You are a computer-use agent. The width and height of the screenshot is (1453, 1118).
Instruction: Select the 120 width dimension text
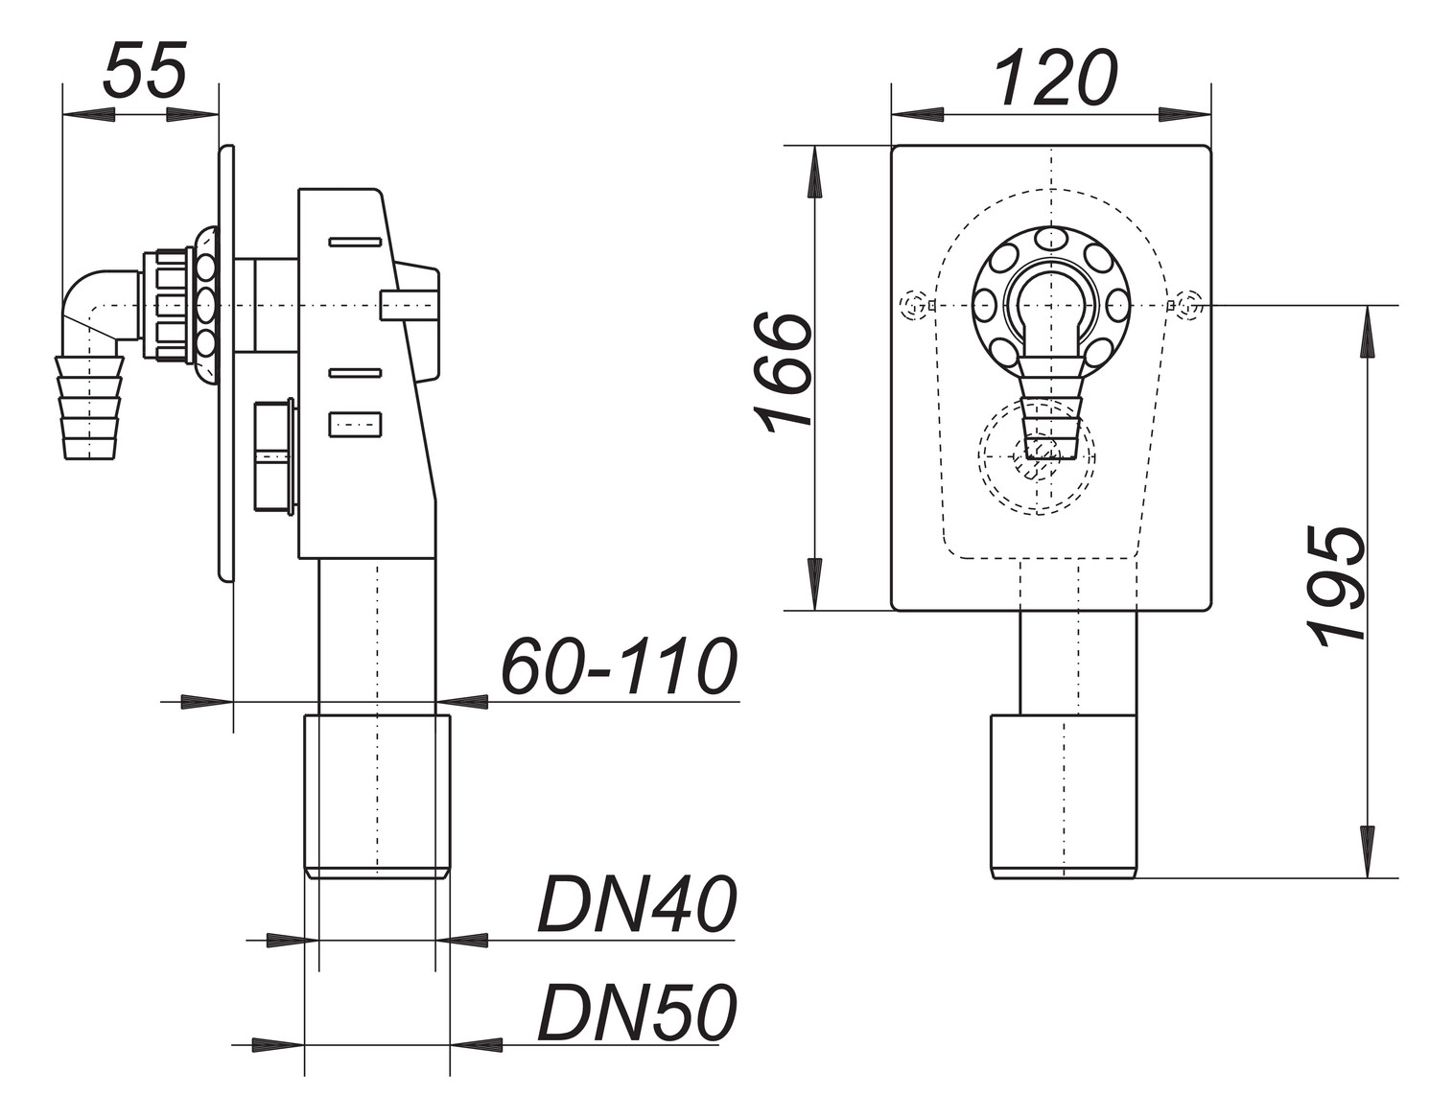1055,79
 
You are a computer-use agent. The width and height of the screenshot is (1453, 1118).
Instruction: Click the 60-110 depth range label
620,667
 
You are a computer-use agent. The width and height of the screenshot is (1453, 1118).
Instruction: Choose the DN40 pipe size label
636,906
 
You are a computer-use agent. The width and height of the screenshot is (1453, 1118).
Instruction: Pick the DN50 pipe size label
636,1013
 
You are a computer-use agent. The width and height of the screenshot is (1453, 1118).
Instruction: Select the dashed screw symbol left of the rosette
914,306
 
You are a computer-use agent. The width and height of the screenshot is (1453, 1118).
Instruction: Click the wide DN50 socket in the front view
1063,796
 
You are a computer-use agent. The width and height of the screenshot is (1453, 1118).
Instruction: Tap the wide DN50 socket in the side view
377,796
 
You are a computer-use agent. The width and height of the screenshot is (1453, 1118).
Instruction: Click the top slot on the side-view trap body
356,242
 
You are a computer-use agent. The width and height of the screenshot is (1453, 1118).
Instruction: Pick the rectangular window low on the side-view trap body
356,424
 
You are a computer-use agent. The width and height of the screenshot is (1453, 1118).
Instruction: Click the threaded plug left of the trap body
274,455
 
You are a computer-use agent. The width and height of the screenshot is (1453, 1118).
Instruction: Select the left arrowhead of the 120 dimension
916,113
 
